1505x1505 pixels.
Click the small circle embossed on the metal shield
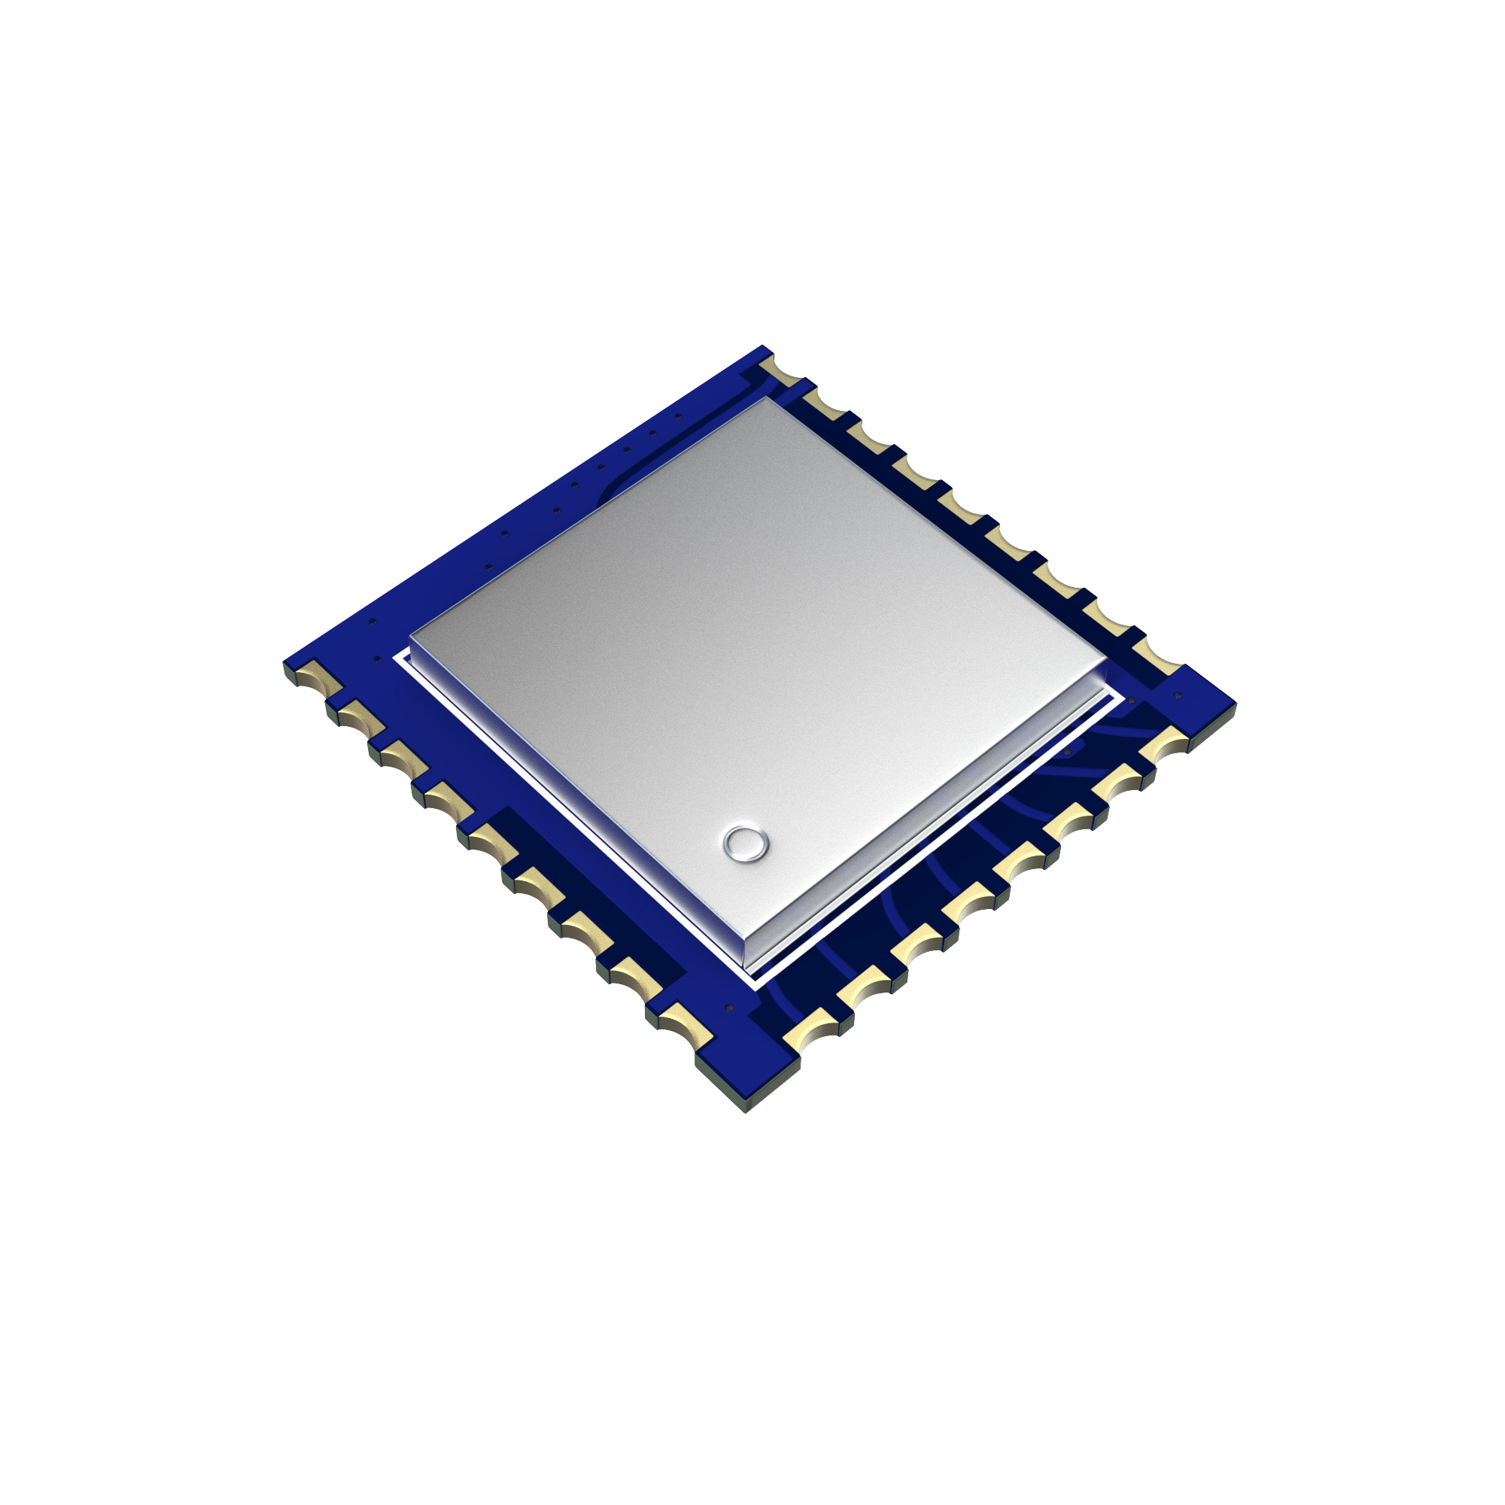coord(746,844)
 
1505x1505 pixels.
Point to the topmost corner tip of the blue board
coord(765,346)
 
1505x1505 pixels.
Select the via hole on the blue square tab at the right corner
coord(1177,695)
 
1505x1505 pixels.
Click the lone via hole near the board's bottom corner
coord(729,1008)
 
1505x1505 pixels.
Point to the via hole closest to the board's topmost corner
coord(679,416)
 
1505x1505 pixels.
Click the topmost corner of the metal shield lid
coord(768,400)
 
